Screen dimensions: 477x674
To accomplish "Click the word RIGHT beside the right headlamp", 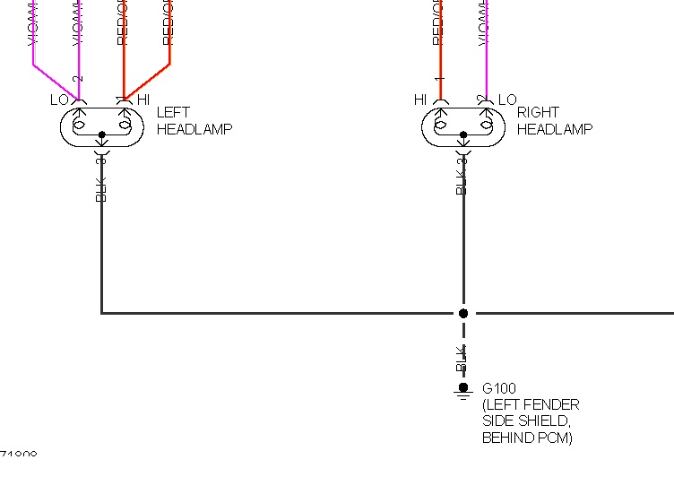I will click(x=538, y=113).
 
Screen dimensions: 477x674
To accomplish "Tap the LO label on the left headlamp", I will click(x=59, y=100).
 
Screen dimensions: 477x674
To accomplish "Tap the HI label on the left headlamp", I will click(x=143, y=100).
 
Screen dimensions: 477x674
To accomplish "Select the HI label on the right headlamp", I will click(x=420, y=100).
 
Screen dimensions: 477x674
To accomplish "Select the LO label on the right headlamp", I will click(x=507, y=100).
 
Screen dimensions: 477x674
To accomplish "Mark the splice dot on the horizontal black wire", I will click(x=463, y=314).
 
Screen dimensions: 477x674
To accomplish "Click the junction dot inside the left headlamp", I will click(x=101, y=135).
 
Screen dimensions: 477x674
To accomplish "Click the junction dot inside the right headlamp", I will click(x=463, y=135).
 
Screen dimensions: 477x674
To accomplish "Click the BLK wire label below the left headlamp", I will click(x=101, y=187).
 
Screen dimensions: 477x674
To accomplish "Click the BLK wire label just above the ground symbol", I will click(x=462, y=358).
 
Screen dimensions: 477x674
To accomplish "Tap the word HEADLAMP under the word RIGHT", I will click(x=555, y=129).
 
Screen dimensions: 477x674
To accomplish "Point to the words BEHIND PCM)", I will click(x=527, y=438).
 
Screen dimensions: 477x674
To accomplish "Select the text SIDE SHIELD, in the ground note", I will click(x=524, y=421).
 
